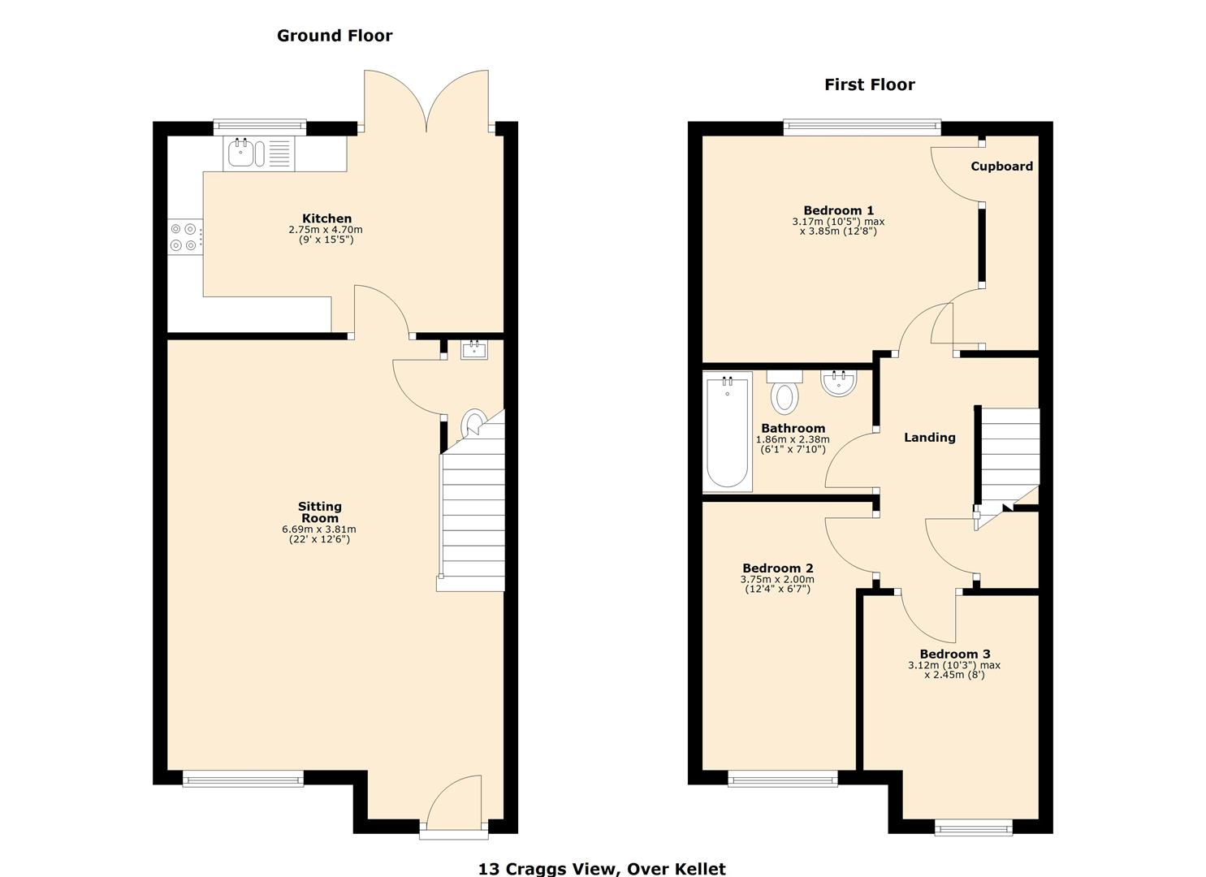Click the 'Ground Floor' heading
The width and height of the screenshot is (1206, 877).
pos(335,36)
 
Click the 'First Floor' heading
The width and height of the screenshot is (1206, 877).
pos(869,85)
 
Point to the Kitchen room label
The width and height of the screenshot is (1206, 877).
pos(326,218)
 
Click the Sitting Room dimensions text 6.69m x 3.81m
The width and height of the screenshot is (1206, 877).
pos(319,529)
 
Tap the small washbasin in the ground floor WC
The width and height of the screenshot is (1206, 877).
pos(474,350)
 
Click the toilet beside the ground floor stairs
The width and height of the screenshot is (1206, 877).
pos(473,424)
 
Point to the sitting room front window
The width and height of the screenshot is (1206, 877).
pos(243,780)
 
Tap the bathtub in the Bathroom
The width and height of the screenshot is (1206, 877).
pos(727,432)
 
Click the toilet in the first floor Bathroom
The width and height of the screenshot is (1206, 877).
pos(785,393)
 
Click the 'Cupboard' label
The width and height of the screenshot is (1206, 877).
pos(1001,166)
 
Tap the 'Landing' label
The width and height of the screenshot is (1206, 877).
pos(929,438)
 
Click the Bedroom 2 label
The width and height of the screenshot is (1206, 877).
pos(777,568)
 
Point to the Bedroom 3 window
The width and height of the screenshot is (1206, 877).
pos(973,827)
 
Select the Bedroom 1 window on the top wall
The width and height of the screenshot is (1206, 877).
pos(862,127)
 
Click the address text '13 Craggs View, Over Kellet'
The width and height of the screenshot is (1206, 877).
pos(602,868)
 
